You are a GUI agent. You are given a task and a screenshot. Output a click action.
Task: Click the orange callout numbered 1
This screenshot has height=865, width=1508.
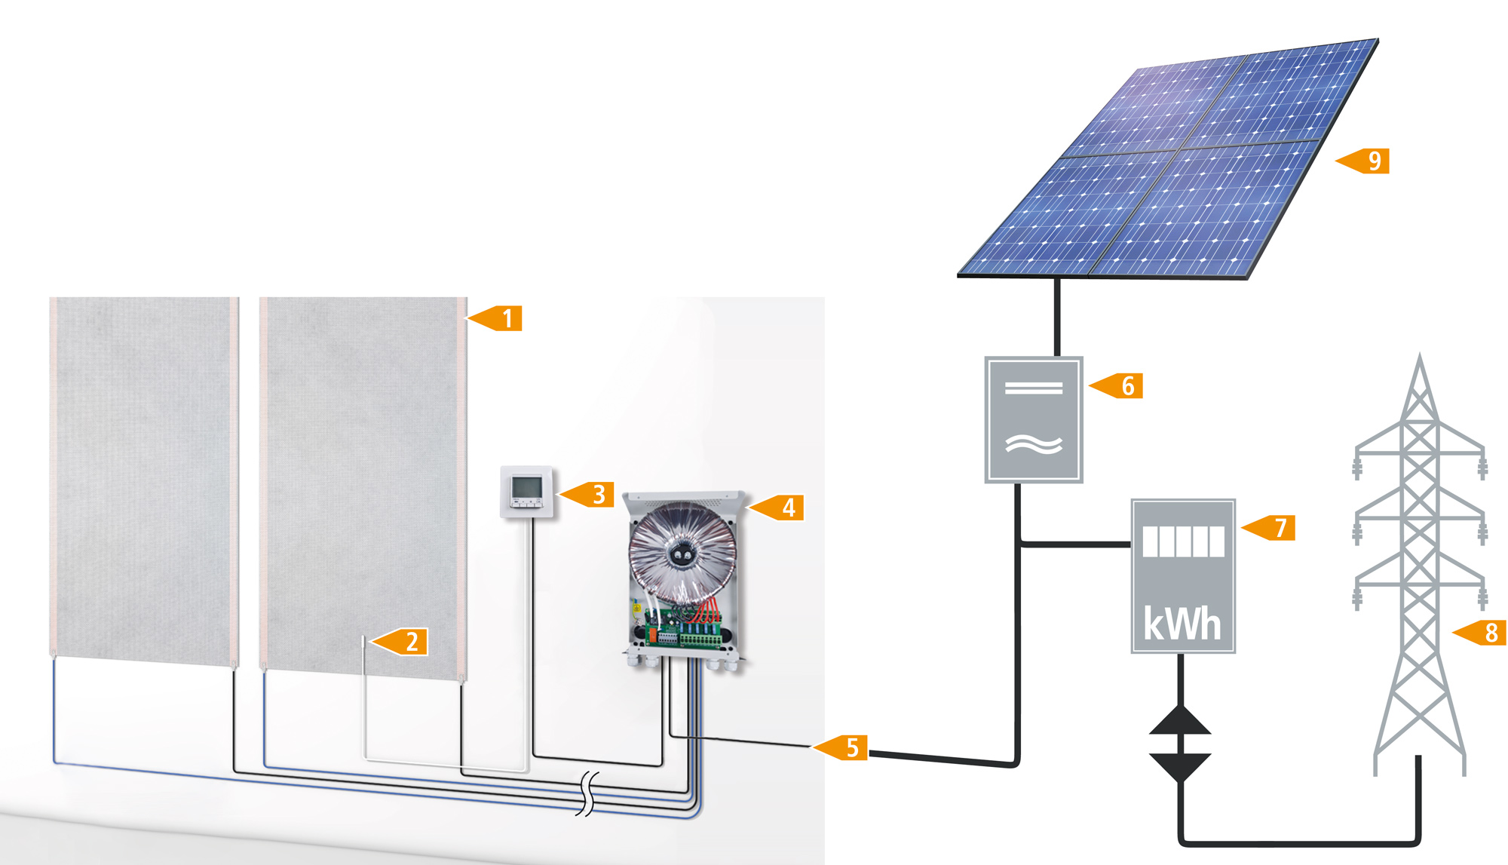click(501, 318)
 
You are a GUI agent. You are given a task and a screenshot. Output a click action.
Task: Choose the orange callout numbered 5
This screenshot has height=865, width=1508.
click(847, 747)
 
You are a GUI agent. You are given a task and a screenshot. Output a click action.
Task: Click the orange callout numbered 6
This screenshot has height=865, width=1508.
click(1123, 385)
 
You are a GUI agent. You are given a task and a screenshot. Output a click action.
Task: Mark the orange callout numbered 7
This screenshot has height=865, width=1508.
click(1275, 528)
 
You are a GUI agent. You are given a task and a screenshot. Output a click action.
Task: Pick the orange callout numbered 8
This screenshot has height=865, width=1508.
click(1485, 633)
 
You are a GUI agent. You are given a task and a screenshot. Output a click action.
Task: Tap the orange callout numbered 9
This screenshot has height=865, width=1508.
click(1369, 161)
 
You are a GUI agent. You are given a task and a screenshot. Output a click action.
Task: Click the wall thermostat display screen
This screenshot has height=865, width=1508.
click(526, 486)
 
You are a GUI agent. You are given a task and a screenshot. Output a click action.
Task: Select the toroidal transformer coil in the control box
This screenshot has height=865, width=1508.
click(682, 554)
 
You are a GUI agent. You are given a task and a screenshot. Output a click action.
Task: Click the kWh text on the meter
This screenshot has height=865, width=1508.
click(1182, 624)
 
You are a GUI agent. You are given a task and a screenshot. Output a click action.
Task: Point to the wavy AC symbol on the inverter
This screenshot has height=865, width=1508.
click(1034, 445)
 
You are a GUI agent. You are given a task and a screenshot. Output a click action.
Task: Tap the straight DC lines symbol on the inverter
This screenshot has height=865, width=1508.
click(1034, 388)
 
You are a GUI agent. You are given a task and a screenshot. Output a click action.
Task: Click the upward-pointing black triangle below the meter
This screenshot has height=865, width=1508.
click(1180, 721)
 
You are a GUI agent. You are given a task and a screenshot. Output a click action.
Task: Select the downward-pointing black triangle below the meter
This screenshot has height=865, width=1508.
click(1180, 766)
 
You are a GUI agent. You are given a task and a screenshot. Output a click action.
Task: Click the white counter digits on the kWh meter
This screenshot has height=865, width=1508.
click(1183, 541)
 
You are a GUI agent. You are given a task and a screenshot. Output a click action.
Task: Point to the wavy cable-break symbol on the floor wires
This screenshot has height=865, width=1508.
click(587, 794)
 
